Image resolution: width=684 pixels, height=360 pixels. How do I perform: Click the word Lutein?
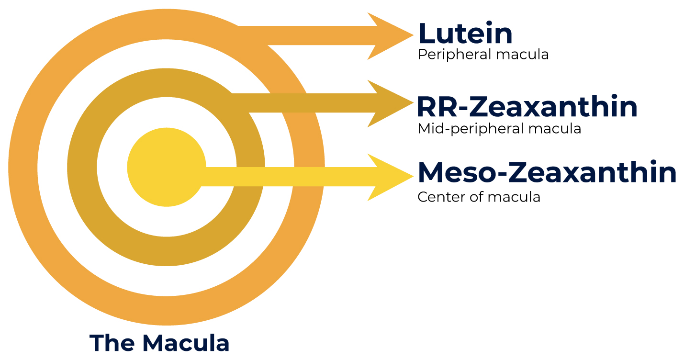[465, 34]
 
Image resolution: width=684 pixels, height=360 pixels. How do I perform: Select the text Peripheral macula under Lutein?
[483, 55]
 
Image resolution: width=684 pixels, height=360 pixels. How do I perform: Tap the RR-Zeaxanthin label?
[527, 107]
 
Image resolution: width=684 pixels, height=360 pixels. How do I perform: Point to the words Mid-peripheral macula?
[499, 129]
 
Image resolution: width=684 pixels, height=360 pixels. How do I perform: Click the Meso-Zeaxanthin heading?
[547, 173]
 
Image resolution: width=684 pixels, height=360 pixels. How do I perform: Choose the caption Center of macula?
[479, 197]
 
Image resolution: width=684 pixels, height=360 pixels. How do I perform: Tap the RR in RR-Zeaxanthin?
[438, 107]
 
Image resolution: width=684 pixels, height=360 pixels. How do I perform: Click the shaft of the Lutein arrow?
[311, 36]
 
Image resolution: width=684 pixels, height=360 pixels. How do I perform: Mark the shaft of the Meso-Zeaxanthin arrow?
[287, 177]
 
